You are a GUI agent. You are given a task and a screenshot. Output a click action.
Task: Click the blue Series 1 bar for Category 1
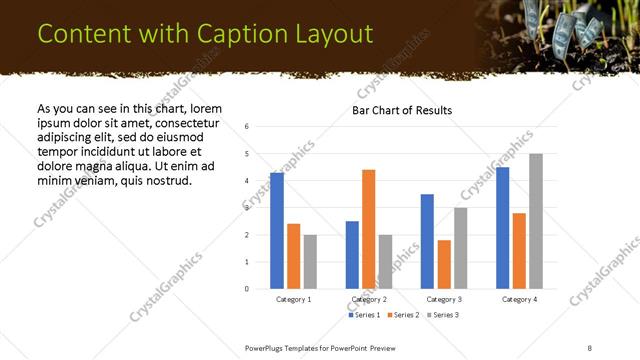click(277, 231)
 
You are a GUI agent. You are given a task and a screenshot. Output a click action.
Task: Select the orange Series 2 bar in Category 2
click(368, 229)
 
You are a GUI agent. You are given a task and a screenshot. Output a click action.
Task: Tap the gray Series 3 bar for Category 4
click(536, 221)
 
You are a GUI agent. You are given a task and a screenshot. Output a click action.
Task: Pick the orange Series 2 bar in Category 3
click(444, 264)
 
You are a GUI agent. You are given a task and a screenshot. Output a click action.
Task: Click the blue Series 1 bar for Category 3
click(427, 241)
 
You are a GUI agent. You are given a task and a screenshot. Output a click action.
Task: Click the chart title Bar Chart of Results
click(401, 110)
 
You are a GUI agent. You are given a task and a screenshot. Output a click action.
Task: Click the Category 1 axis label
click(293, 299)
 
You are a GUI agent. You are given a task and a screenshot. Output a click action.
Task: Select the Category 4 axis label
click(519, 299)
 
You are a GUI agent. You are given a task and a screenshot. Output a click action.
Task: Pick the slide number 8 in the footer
click(589, 347)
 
